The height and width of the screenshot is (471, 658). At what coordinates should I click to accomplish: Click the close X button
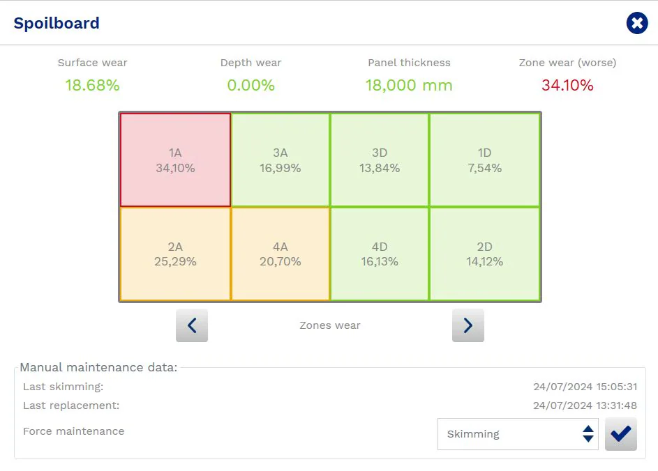[637, 23]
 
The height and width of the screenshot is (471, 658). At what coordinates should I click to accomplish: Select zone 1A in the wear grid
[175, 160]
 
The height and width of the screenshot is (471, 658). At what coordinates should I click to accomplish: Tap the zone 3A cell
[281, 160]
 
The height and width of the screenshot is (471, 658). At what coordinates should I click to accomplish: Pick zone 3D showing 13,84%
[380, 160]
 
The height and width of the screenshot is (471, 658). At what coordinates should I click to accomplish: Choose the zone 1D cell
[485, 160]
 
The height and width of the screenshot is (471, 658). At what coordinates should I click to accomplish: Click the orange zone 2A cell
[175, 254]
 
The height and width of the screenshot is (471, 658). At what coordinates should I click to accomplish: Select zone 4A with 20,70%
[281, 254]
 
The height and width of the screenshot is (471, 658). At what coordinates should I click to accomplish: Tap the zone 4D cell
[380, 254]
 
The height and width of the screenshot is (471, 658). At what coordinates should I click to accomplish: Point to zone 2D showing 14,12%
[485, 254]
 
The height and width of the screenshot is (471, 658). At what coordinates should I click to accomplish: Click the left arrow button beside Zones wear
[192, 325]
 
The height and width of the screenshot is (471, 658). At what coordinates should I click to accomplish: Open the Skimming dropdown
[518, 434]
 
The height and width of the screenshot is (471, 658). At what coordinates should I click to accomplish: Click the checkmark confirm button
[621, 434]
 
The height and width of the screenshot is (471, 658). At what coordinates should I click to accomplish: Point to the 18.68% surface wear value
[92, 86]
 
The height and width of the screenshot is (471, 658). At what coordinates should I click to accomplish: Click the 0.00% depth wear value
[251, 86]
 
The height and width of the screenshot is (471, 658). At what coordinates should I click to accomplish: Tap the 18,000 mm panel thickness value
[409, 86]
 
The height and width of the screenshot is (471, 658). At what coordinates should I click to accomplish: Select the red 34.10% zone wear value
[567, 86]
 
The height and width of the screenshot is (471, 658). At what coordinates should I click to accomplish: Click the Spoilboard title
[57, 23]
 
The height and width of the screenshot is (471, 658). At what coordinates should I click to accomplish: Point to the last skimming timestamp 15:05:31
[585, 387]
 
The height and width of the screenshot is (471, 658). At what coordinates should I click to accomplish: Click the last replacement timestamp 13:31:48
[585, 405]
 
